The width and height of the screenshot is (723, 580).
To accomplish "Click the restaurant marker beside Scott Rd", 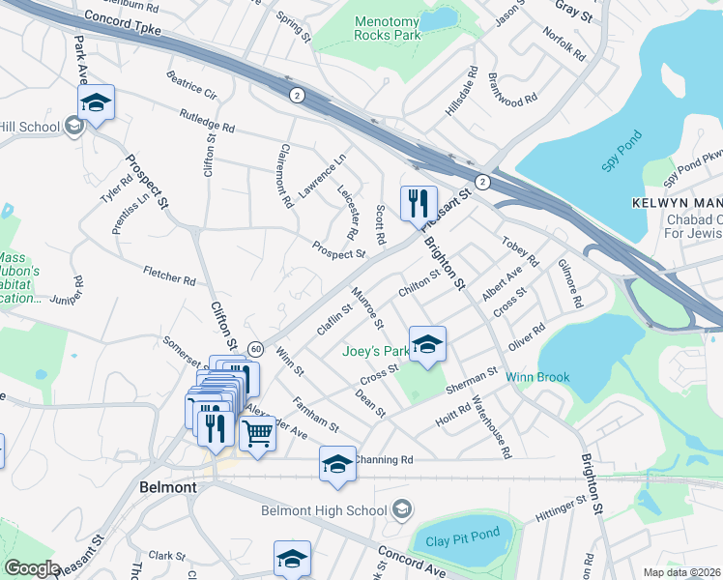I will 419,203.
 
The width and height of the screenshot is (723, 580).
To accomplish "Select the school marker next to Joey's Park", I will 426,345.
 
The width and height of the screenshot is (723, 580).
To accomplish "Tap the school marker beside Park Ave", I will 97,102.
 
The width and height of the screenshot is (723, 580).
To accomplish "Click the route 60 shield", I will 255,347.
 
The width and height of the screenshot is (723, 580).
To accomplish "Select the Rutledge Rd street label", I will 207,121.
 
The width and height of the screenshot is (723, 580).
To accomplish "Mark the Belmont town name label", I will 167,487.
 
